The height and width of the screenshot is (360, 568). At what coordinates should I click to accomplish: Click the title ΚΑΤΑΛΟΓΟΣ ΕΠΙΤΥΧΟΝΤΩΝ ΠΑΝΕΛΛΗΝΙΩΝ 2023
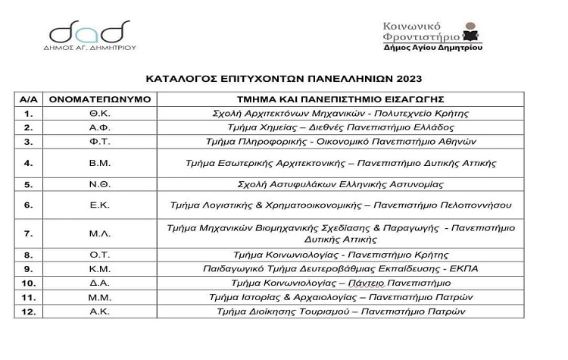coord(283,78)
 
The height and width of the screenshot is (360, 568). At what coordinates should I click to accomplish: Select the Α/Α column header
coord(29,99)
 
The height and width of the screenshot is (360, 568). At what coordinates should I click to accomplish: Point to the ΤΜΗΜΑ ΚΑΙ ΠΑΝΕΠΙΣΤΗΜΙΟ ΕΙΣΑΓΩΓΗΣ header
coord(339,99)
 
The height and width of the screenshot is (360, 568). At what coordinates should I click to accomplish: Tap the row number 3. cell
coord(29,142)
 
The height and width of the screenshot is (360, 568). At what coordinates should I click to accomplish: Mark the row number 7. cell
coord(29,233)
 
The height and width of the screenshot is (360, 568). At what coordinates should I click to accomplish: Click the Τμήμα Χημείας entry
coord(339,127)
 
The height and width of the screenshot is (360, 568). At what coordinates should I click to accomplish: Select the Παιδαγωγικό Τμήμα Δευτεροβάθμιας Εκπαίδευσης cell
coord(339,268)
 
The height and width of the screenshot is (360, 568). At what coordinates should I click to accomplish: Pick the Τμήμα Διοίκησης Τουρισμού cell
coord(339,311)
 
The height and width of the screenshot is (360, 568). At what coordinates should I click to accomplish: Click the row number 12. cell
coord(29,311)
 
